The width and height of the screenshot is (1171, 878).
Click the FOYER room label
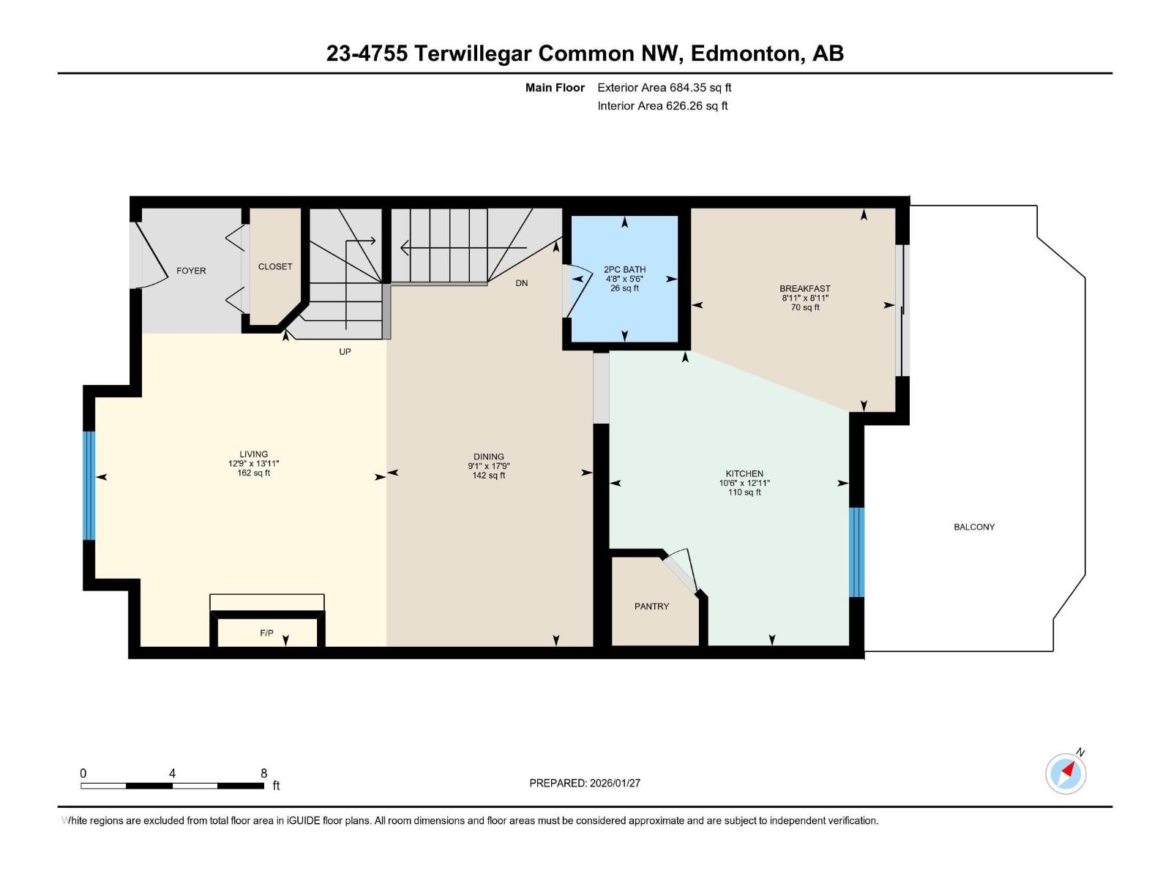click(x=191, y=271)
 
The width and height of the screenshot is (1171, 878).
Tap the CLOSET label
click(x=275, y=267)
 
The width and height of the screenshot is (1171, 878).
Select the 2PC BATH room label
click(x=624, y=270)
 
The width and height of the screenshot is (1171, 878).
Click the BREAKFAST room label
click(x=804, y=289)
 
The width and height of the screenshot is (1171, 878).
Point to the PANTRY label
click(x=651, y=607)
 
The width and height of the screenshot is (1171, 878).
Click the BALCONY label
click(x=974, y=527)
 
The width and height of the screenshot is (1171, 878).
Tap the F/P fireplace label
click(x=266, y=633)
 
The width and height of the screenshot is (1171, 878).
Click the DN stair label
click(x=521, y=283)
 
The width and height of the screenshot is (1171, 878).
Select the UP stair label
click(x=345, y=352)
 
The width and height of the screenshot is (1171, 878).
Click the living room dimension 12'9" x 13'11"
click(x=253, y=463)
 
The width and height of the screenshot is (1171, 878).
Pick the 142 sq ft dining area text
click(x=488, y=476)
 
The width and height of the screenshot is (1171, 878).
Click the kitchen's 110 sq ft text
click(x=744, y=492)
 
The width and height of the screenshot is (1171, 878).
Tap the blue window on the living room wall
click(x=89, y=485)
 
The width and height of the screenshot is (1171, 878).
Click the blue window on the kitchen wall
click(x=856, y=552)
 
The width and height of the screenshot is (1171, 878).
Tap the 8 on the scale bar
click(x=263, y=773)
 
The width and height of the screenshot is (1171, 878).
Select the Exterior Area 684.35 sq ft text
click(x=664, y=88)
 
